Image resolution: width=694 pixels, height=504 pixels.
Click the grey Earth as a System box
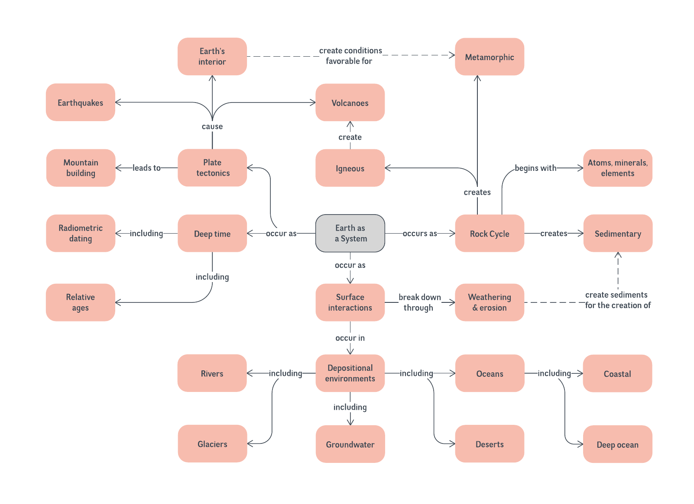pos(350,233)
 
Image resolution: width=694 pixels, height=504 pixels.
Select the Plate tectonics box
pos(212,168)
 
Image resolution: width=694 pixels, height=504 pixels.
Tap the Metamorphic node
pos(490,57)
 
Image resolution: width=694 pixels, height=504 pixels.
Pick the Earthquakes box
pos(81,103)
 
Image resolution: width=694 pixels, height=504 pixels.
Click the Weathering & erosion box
pos(490,302)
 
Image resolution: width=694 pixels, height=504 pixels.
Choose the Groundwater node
pos(350,444)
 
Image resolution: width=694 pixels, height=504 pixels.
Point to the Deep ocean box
pos(617,444)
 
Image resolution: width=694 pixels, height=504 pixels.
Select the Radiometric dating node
pos(81,233)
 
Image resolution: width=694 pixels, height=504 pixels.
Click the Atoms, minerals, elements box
pos(617,168)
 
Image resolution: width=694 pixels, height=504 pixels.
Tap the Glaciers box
pos(212,444)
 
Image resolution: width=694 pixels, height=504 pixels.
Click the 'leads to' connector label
pos(146,168)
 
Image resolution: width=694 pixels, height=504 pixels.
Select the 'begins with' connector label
pos(535,168)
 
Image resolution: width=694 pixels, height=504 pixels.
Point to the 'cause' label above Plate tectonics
pos(212,126)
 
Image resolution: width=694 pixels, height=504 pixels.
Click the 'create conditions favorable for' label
pos(350,56)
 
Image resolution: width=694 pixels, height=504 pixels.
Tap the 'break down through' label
pos(419,302)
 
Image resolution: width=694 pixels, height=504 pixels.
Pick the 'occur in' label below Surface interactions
pos(350,338)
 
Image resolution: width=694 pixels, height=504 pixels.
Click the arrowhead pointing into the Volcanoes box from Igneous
pos(350,124)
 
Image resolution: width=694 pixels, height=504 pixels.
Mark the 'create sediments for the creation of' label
pos(617,300)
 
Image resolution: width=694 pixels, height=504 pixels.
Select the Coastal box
pos(617,373)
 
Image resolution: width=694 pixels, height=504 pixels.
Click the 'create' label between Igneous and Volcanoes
pos(350,137)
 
